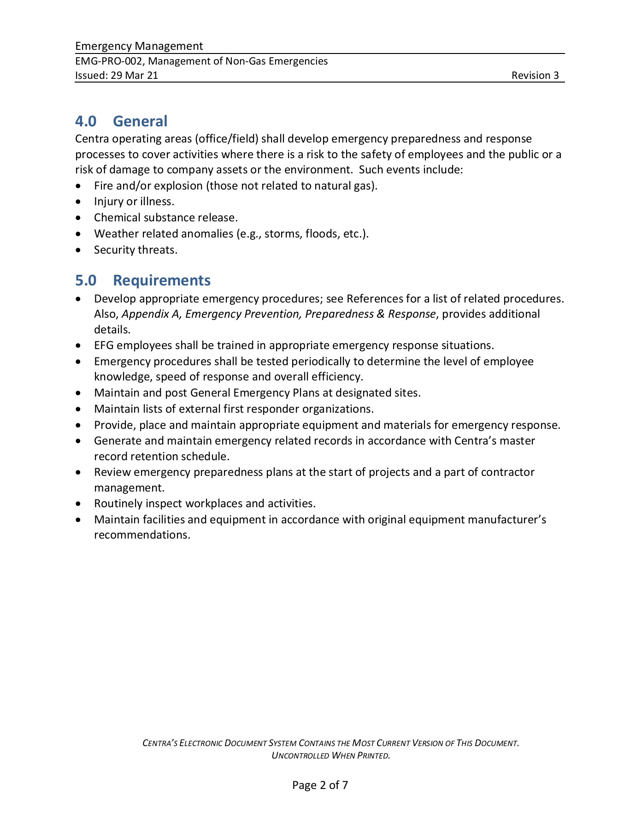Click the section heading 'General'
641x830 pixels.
click(x=140, y=121)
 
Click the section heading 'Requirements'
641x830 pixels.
click(x=162, y=280)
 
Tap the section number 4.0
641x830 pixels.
click(x=86, y=121)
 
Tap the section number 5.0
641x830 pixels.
click(x=86, y=280)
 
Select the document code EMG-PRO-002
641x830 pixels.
click(x=109, y=61)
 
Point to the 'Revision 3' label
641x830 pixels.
click(x=535, y=76)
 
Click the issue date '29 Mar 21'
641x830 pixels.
click(x=134, y=76)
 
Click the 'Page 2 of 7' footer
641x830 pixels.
click(x=320, y=785)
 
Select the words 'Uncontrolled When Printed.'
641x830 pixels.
click(x=331, y=755)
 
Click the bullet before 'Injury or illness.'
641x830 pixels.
click(x=81, y=202)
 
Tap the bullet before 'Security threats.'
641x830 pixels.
click(x=81, y=250)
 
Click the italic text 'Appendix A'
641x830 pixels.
click(x=150, y=314)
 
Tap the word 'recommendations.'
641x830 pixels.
click(x=142, y=535)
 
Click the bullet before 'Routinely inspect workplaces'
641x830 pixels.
click(x=81, y=504)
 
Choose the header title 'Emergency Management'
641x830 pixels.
click(x=139, y=46)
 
